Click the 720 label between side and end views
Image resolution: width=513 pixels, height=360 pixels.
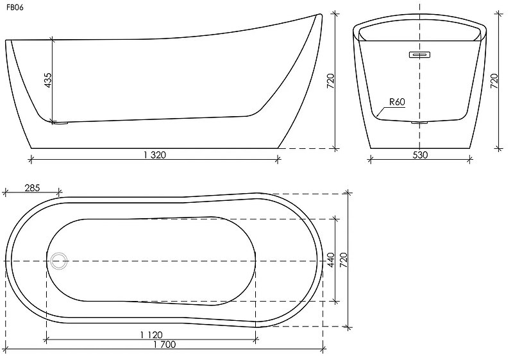click(331, 80)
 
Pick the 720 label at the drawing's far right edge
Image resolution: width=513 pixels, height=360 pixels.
click(494, 80)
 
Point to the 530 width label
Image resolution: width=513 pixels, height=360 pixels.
click(420, 155)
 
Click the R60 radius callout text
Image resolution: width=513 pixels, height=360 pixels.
click(396, 101)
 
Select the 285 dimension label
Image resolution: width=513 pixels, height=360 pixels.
click(32, 188)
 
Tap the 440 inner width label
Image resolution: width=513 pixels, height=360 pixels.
click(331, 260)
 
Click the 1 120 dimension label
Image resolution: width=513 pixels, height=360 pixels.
click(151, 334)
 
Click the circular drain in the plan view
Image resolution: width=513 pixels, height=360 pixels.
click(59, 261)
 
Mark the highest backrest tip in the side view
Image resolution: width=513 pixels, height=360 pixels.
click(319, 13)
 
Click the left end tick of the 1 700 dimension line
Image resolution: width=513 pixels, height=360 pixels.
click(5, 350)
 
